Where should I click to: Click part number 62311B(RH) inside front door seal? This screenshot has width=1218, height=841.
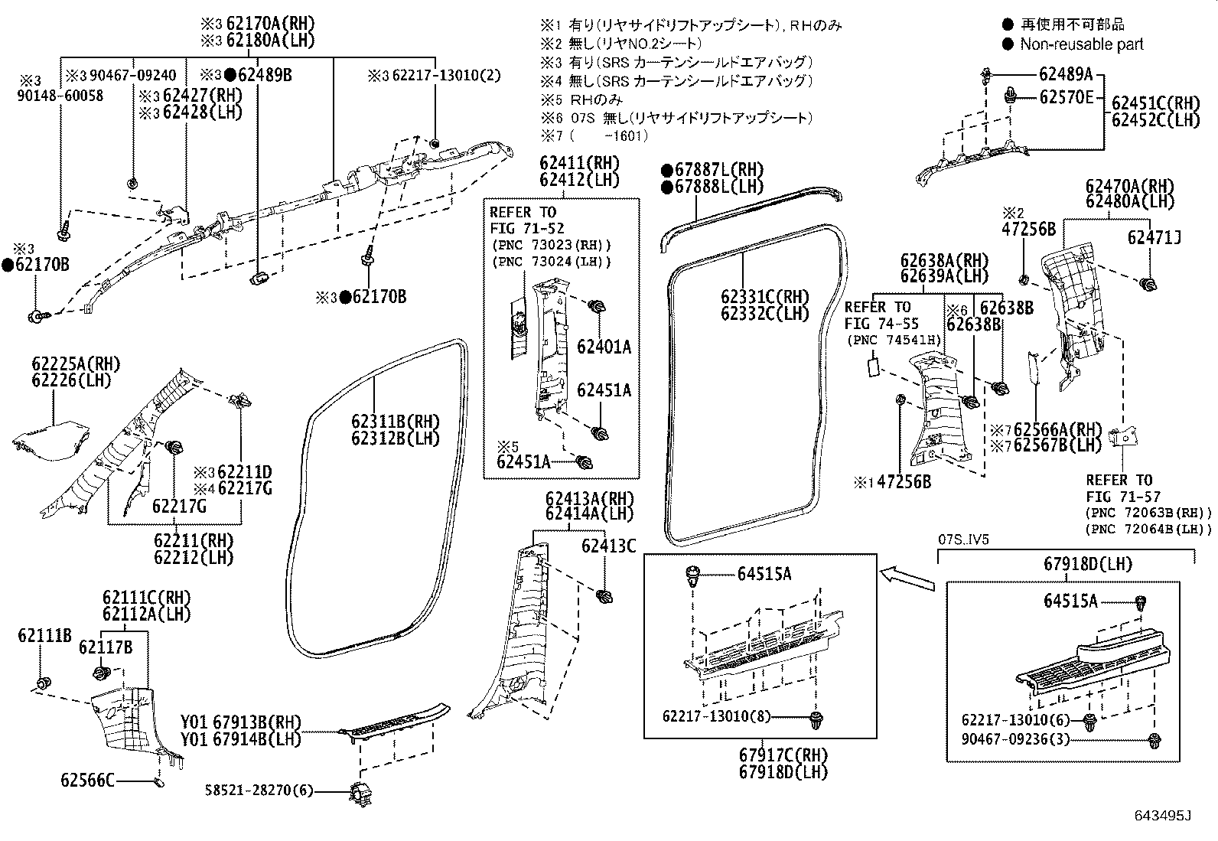tap(395, 421)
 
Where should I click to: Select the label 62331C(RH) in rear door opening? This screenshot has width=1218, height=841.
tap(764, 296)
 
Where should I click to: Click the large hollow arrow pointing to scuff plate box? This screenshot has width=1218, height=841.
tap(907, 577)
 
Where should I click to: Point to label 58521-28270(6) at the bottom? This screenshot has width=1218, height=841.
tap(259, 790)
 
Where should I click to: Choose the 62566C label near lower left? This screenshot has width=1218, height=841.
tap(87, 780)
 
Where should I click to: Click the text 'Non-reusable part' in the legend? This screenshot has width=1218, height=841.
tap(1081, 44)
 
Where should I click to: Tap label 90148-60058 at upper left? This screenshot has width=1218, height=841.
tap(61, 96)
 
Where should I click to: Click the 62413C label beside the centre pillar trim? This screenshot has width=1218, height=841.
tap(608, 546)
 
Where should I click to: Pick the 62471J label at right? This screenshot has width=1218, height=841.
tap(1154, 238)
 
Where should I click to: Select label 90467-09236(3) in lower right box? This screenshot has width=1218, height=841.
tap(1016, 739)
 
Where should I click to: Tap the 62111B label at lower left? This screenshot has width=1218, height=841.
tap(44, 635)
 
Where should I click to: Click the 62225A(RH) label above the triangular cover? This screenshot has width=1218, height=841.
tap(76, 364)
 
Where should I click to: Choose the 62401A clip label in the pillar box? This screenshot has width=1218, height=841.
tap(604, 347)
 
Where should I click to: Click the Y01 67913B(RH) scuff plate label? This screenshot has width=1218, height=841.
tap(241, 722)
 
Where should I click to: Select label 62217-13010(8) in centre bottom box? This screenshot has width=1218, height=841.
tap(716, 716)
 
